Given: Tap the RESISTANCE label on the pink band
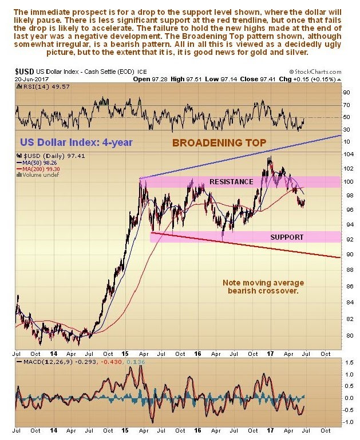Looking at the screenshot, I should tap(232, 181).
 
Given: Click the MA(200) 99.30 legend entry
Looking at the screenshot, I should tap(42, 169).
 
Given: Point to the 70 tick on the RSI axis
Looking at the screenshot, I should tap(346, 105).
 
